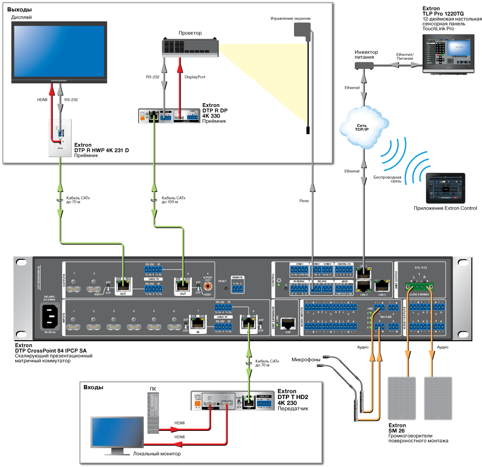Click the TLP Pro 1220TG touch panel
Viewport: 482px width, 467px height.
click(x=451, y=53)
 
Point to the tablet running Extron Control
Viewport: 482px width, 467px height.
click(x=445, y=188)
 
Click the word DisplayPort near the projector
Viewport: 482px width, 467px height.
click(x=195, y=77)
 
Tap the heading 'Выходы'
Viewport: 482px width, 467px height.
click(x=19, y=10)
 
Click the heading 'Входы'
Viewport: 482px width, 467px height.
click(x=94, y=387)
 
